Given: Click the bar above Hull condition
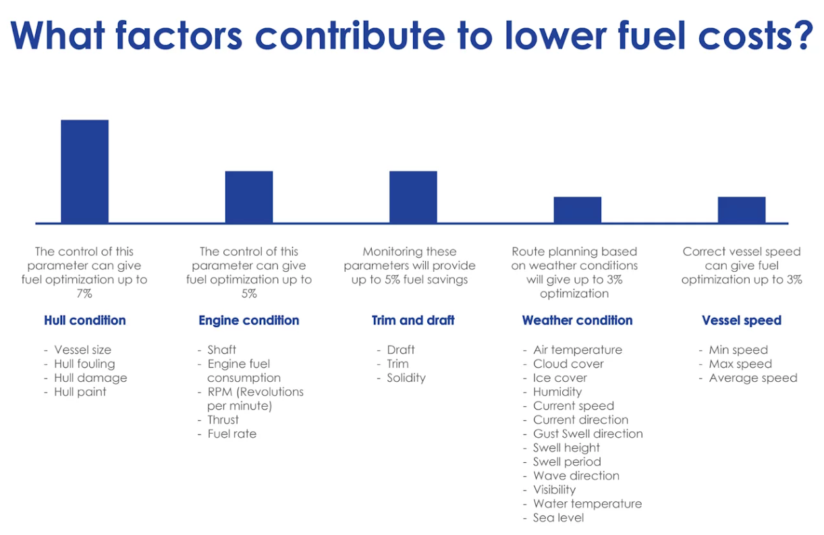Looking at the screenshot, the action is [84, 171].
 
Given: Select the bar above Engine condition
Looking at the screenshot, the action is [249, 197].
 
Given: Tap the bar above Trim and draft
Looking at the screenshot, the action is [413, 197].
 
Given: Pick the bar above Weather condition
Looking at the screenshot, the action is [578, 210].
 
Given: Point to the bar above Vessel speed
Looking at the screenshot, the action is [742, 210].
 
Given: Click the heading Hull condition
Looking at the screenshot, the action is [85, 320].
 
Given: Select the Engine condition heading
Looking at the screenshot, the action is [249, 320].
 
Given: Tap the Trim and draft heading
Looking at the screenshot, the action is [413, 320].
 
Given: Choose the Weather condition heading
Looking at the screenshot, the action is [578, 320].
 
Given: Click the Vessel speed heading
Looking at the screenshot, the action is [742, 320].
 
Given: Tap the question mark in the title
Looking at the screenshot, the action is [803, 35].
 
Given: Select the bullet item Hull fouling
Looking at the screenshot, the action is [84, 364].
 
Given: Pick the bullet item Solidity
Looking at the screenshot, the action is [406, 378].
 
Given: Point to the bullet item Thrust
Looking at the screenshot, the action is [223, 420].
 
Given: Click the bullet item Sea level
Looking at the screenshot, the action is [558, 517].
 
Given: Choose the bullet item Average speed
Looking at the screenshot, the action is [753, 378].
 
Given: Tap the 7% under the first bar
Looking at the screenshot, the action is [84, 293].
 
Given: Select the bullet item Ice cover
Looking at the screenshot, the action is [560, 378].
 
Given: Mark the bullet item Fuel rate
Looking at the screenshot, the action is [231, 434].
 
